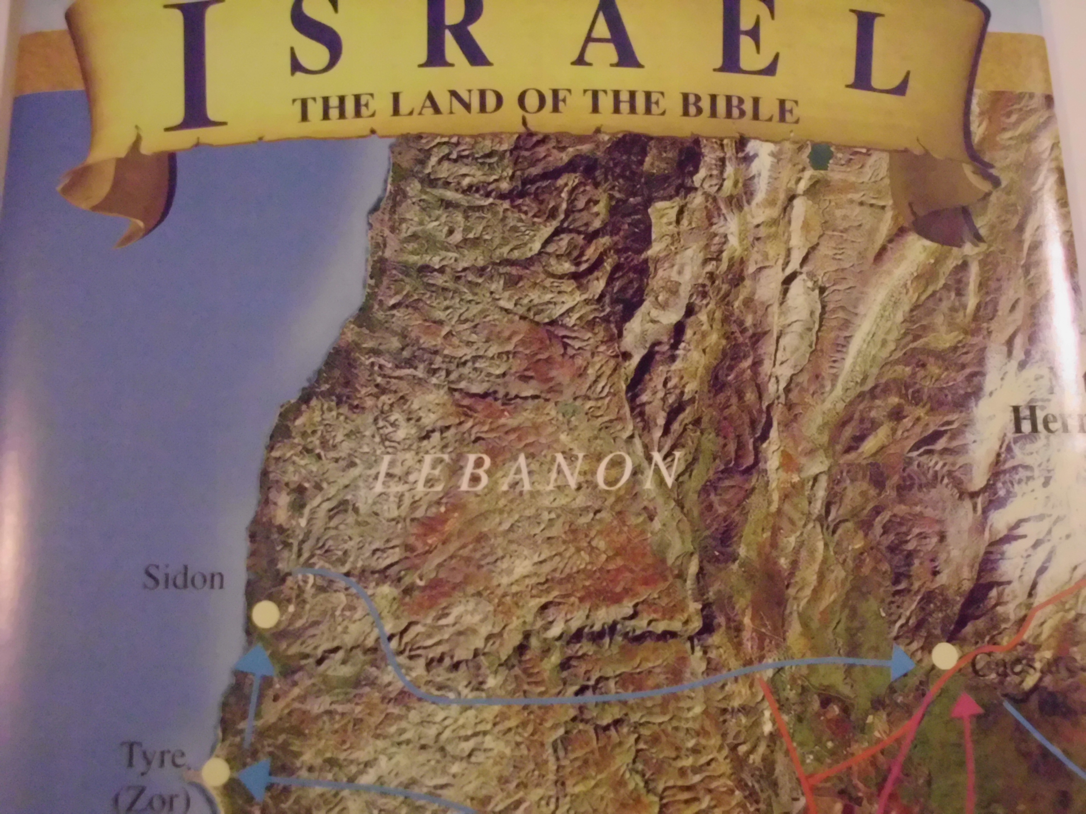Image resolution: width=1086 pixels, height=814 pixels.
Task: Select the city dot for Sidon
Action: (x=265, y=614)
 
